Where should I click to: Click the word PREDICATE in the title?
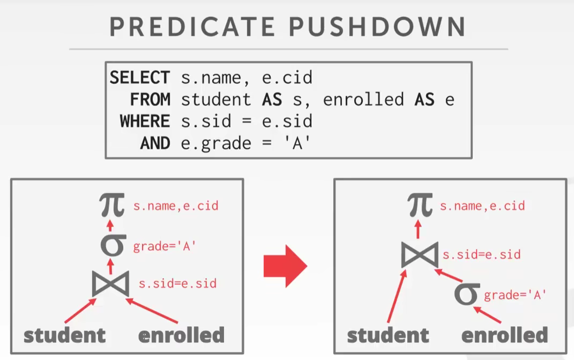tap(192, 27)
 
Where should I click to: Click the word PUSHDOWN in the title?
tap(377, 27)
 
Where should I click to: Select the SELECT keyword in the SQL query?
tap(140, 77)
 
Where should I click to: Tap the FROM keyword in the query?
tap(150, 99)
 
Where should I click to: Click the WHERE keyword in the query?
tap(145, 121)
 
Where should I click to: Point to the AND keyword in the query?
tap(155, 143)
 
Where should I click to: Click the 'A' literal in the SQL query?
tap(297, 143)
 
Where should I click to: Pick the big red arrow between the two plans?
tap(285, 266)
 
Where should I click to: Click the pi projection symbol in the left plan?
tap(112, 205)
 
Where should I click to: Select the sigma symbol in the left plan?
tap(113, 245)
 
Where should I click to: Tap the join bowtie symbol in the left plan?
tap(110, 284)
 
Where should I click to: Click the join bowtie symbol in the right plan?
tap(420, 255)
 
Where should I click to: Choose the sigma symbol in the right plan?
tap(467, 294)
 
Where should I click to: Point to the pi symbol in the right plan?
tap(420, 205)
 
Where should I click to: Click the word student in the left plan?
tap(64, 335)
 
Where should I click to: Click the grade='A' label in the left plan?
tap(164, 246)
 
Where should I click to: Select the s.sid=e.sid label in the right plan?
tap(482, 255)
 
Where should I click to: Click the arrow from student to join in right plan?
tap(397, 296)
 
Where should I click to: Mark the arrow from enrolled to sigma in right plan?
tap(487, 315)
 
